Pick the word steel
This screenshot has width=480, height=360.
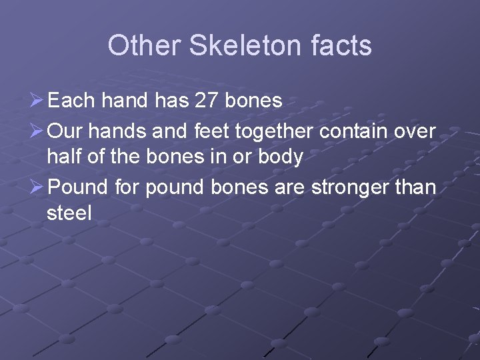pos(69,214)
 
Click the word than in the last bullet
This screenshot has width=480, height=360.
pos(417,187)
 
